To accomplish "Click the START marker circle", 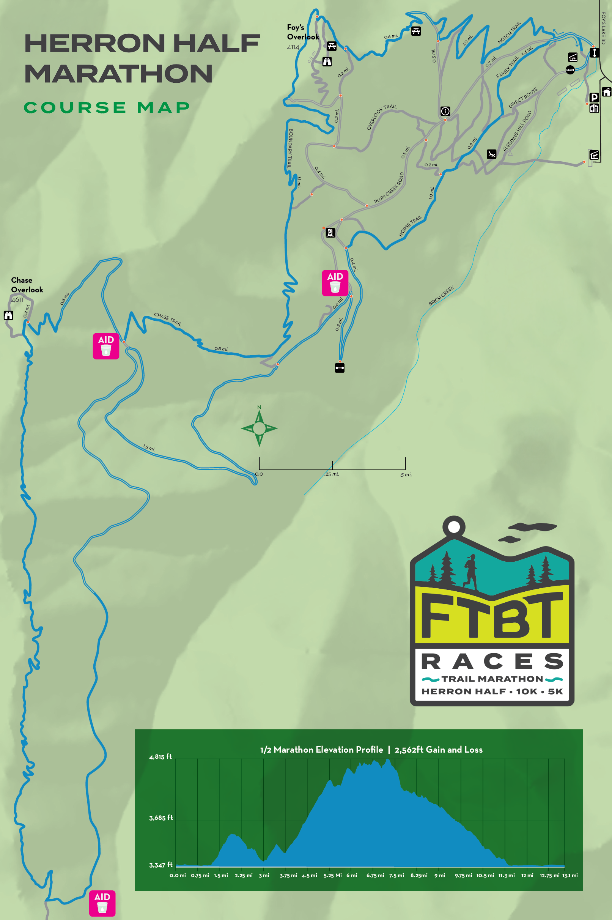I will (x=570, y=70).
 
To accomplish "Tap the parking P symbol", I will (x=594, y=97).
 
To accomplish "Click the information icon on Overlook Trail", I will (x=445, y=111).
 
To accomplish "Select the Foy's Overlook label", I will (x=303, y=32).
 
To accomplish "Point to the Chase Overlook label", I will (x=27, y=285).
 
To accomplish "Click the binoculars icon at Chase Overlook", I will (x=8, y=315).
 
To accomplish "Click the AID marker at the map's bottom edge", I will (x=102, y=903).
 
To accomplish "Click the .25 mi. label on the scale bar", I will (x=332, y=474).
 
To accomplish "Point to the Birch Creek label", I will (x=441, y=296).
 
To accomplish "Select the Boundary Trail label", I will (x=290, y=149).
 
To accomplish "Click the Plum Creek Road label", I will (x=389, y=188).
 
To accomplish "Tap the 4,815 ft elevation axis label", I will (x=160, y=756).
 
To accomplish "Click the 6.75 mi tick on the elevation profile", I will (x=375, y=876).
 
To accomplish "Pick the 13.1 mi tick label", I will (x=570, y=876).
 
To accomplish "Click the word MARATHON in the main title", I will (x=119, y=74).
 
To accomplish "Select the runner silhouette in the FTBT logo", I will (x=470, y=572).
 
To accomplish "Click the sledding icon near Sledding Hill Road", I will (x=491, y=154).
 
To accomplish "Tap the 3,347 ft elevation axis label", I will (x=160, y=865).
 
